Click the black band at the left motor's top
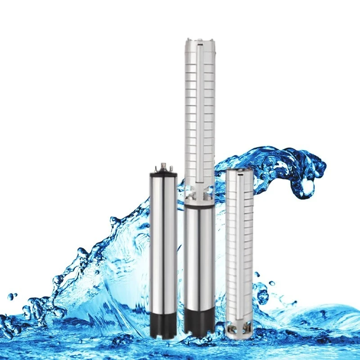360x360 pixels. click(x=163, y=172)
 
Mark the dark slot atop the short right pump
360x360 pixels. click(x=239, y=171)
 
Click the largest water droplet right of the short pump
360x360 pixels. click(x=272, y=283)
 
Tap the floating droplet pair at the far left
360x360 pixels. click(x=13, y=297)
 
